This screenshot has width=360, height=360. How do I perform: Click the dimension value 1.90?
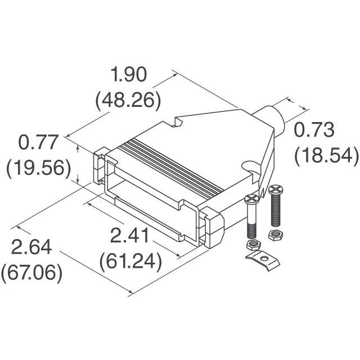point(128,75)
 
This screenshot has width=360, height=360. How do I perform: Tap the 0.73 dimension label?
point(315,130)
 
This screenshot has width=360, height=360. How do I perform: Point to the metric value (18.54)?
point(326,155)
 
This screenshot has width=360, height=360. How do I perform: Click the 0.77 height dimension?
point(39,142)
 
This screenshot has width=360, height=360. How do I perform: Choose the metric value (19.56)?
point(38,167)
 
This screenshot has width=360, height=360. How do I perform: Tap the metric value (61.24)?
point(130,261)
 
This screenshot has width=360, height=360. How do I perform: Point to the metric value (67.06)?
point(31,273)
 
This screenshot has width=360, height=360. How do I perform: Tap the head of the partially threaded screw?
point(251,198)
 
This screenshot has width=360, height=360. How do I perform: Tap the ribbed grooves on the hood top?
point(174,164)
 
